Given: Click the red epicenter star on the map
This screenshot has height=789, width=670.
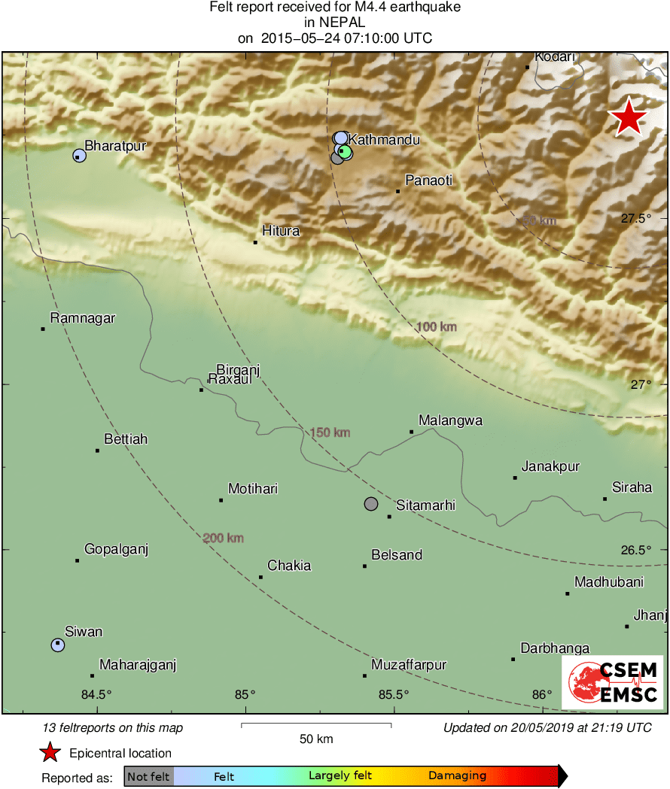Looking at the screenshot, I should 628,117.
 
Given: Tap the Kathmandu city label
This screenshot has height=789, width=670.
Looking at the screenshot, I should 384,140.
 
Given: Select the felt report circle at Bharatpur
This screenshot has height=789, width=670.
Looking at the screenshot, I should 79,156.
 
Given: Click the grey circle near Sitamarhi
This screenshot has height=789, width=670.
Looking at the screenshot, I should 371,504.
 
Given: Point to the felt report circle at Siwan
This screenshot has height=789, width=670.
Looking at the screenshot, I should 58,645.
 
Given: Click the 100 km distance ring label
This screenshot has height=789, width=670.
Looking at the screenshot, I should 437,327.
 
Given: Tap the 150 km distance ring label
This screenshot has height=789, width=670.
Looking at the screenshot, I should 330,432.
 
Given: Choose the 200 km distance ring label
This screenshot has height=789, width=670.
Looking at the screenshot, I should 224,539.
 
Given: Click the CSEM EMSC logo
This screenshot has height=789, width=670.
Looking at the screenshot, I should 612,682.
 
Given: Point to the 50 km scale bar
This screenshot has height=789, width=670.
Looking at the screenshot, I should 316,725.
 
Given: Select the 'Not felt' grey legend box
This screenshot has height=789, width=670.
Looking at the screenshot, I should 148,776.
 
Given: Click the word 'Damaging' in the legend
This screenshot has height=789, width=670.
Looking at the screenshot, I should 458,776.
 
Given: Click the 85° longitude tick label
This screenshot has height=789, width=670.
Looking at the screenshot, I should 245,694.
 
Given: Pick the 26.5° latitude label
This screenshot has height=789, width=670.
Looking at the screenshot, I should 636,550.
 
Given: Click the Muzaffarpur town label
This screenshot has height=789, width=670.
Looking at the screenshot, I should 409,665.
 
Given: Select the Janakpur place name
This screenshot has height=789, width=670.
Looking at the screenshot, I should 550,466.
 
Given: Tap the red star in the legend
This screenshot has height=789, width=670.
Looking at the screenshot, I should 50,752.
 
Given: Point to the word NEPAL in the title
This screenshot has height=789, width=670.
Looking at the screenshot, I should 335,23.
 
